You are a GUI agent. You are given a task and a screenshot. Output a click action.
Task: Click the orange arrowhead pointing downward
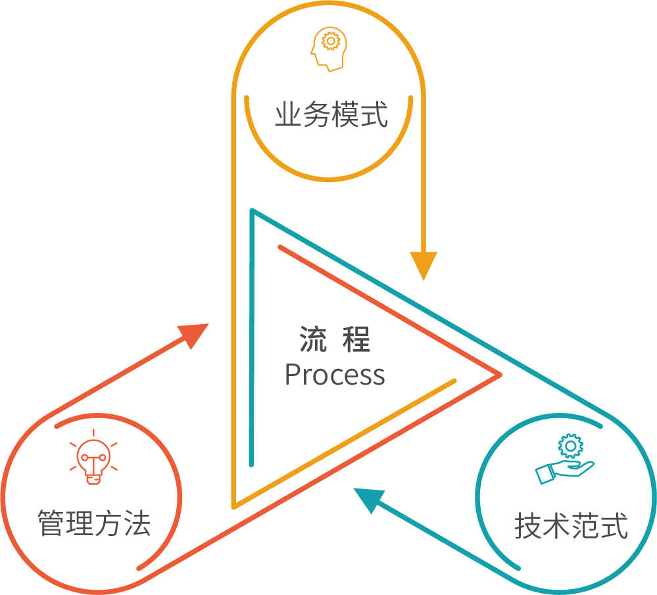(423, 264)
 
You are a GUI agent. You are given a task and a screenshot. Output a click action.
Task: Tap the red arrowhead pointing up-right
(195, 335)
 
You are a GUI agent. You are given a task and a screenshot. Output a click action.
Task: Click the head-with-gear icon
(329, 49)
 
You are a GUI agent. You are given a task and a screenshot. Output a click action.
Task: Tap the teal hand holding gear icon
(565, 460)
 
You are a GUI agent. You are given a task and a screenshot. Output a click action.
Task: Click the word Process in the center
(334, 375)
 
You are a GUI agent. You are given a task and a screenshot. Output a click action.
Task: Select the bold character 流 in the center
(313, 339)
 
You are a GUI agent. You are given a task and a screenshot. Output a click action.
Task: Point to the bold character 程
(356, 339)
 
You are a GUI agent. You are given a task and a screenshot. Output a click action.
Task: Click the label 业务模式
(331, 114)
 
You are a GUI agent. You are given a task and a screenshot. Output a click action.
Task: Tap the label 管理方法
(94, 523)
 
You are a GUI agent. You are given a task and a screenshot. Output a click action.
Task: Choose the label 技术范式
(571, 525)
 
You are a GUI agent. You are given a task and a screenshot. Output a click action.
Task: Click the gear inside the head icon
(331, 41)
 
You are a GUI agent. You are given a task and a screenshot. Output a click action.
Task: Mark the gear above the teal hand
(570, 446)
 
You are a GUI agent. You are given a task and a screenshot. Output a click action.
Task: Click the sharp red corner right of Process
(500, 375)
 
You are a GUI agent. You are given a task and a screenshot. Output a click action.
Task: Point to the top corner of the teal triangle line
(253, 210)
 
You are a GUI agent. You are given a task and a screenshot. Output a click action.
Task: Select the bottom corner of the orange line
(235, 506)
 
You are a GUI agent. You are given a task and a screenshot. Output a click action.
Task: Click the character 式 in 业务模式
(375, 114)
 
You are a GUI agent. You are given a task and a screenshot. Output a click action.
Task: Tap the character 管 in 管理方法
(51, 523)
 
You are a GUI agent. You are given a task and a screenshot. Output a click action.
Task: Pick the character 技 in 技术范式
(528, 525)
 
